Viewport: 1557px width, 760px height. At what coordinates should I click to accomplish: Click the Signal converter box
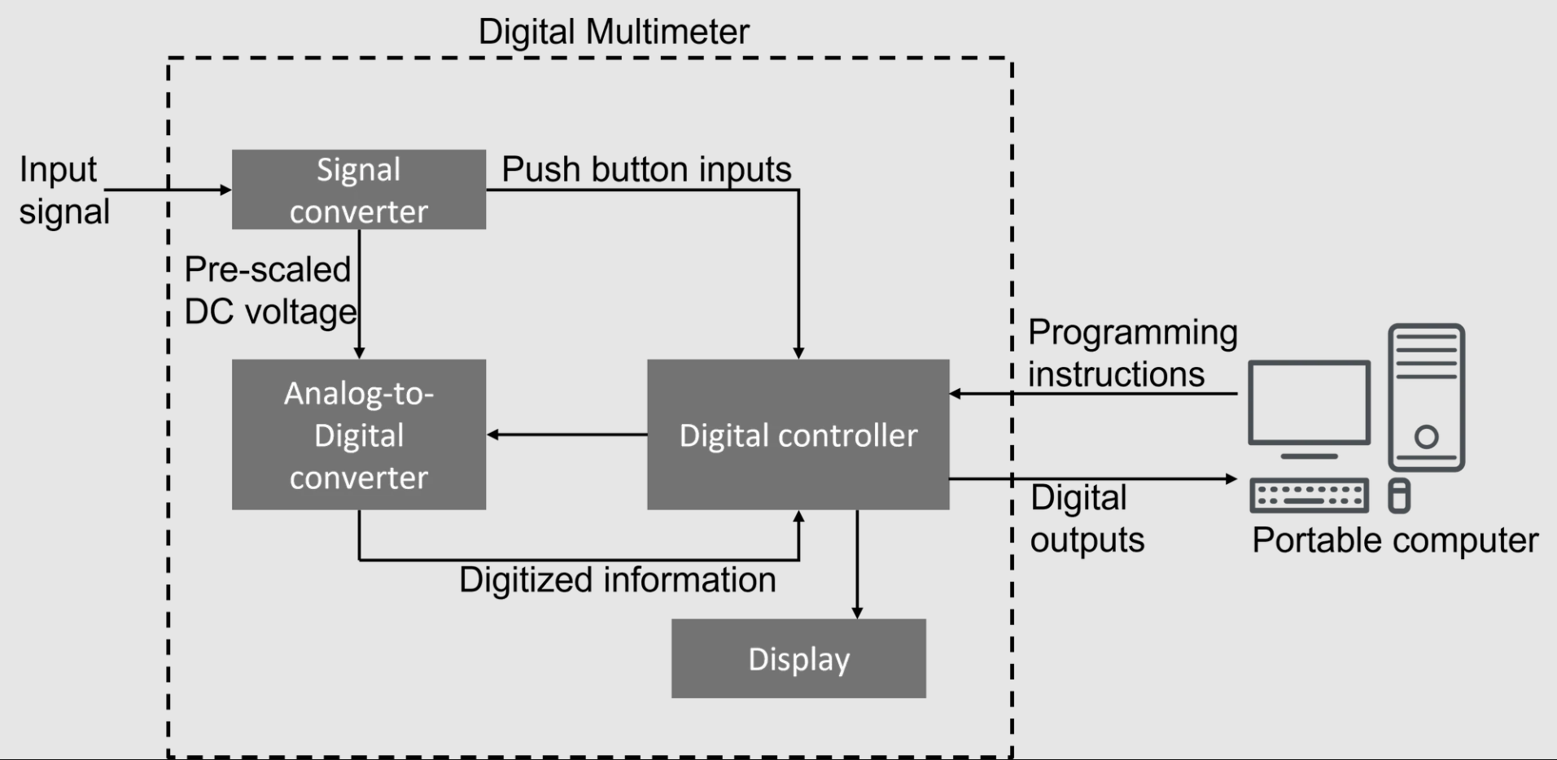coord(359,190)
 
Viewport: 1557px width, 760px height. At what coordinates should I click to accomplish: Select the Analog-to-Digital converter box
coord(359,435)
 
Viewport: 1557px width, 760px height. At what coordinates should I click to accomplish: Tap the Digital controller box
coord(798,435)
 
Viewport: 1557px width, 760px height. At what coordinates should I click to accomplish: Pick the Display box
coord(798,658)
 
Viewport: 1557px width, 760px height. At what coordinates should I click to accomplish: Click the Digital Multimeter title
coord(613,33)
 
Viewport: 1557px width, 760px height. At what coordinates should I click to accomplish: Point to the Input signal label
coord(63,190)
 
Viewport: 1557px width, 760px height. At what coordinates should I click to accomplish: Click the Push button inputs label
coord(646,169)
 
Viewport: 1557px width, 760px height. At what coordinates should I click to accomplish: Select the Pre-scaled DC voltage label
coord(269,290)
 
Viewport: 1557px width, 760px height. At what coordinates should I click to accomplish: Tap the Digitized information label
coord(617,580)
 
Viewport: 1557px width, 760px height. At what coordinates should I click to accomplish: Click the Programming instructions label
coord(1132,353)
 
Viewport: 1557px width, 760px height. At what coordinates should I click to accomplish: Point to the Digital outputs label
coord(1087,518)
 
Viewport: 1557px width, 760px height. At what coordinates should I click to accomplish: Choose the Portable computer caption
coord(1394,540)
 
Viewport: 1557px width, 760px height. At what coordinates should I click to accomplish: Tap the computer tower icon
coord(1426,397)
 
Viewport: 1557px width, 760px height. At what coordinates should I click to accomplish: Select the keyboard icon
coord(1309,496)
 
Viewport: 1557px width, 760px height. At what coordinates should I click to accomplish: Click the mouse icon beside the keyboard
coord(1398,496)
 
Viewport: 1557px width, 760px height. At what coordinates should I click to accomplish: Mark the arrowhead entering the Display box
coord(857,612)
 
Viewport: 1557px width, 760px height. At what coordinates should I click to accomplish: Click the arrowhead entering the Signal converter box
coord(225,190)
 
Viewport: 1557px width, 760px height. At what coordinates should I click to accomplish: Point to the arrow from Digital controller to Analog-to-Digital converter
coord(566,435)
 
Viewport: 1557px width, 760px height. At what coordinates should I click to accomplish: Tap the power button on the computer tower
coord(1426,437)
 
